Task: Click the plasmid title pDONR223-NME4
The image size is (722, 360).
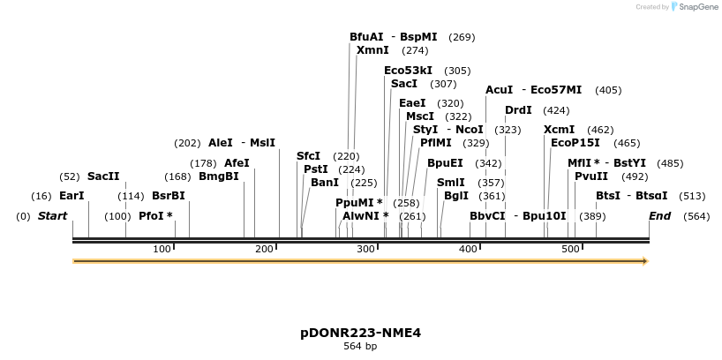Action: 360,333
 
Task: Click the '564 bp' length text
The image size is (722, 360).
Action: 360,347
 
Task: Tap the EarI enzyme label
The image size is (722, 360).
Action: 71,196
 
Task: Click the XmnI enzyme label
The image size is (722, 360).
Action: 372,50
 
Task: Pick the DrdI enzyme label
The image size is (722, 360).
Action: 518,110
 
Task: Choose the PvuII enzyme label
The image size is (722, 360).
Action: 591,176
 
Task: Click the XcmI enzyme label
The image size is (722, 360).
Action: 559,130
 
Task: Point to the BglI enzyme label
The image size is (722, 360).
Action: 456,196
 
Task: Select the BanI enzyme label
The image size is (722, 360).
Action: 325,183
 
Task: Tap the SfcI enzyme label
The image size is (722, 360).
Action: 309,156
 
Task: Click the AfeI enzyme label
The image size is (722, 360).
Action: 237,163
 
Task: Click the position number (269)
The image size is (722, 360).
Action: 462,37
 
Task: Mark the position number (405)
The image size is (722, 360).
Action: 608,90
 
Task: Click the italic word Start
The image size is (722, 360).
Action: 52,216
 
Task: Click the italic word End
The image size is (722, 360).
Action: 659,216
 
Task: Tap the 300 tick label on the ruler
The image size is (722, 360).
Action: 366,250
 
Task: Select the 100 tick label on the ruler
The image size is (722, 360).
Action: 162,250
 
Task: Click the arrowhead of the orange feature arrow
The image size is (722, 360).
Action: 645,261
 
